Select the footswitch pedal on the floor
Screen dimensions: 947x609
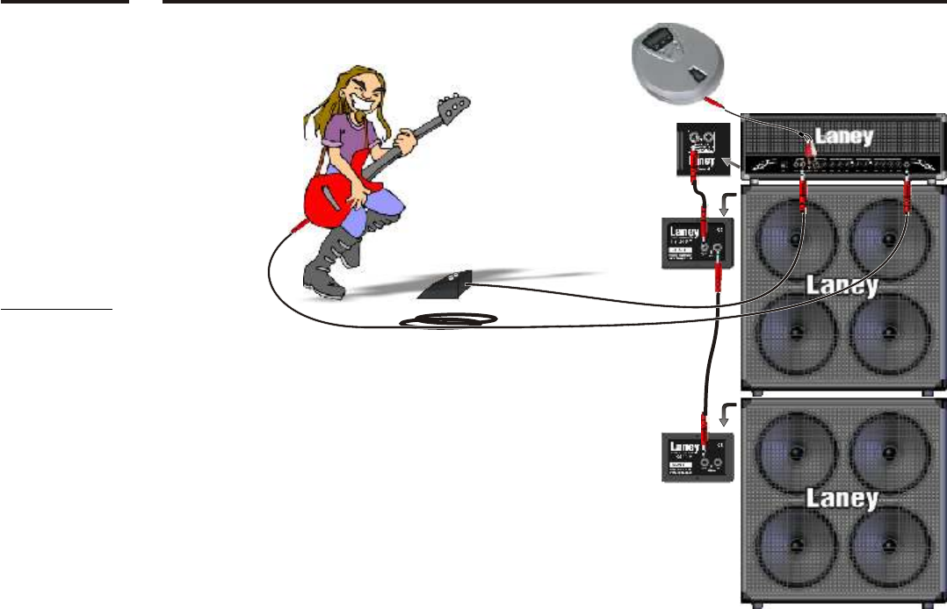(x=448, y=282)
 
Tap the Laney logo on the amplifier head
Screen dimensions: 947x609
(x=843, y=136)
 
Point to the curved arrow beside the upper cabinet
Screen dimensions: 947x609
(x=725, y=204)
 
